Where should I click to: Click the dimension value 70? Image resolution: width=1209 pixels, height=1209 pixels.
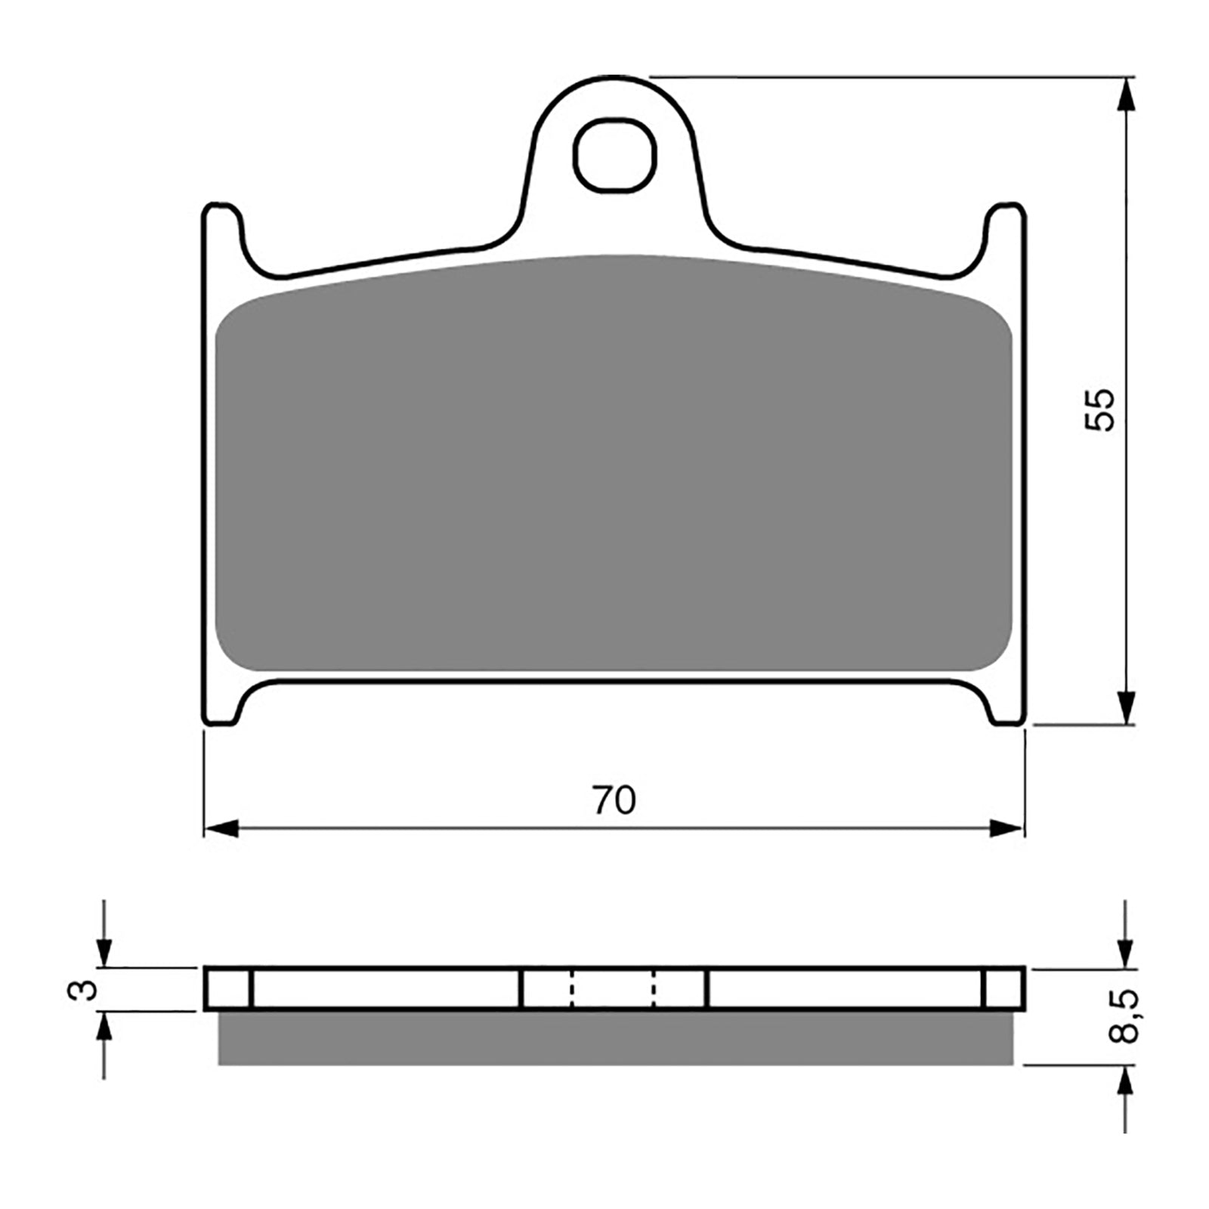pos(614,801)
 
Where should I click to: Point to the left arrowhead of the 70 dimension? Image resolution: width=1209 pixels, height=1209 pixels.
pos(221,829)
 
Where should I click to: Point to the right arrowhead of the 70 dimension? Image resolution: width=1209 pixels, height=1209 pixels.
pos(1007,829)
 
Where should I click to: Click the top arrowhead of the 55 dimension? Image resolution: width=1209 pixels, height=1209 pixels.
pos(1126,94)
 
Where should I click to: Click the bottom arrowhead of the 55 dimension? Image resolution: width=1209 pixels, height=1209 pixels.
pos(1126,707)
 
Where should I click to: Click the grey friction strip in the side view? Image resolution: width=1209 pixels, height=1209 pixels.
pos(614,1038)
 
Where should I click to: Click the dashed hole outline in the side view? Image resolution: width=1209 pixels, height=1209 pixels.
pos(613,988)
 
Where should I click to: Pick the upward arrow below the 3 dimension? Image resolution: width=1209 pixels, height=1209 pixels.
pos(104,1028)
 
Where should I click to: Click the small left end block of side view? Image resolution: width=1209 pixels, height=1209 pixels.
pos(227,988)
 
